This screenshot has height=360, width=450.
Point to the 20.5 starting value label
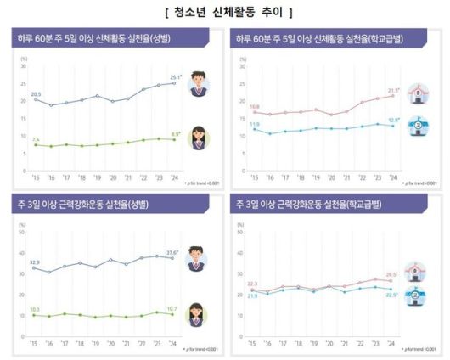pyautogui.click(x=36, y=93)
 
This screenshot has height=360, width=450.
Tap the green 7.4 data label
pyautogui.click(x=36, y=138)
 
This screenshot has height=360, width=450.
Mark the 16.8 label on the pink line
pyautogui.click(x=254, y=106)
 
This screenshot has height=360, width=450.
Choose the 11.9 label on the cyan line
pyautogui.click(x=254, y=124)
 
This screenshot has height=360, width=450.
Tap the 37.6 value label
pyautogui.click(x=173, y=252)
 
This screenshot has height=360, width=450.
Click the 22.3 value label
pyautogui.click(x=254, y=284)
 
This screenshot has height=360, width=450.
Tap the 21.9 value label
pyautogui.click(x=254, y=295)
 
